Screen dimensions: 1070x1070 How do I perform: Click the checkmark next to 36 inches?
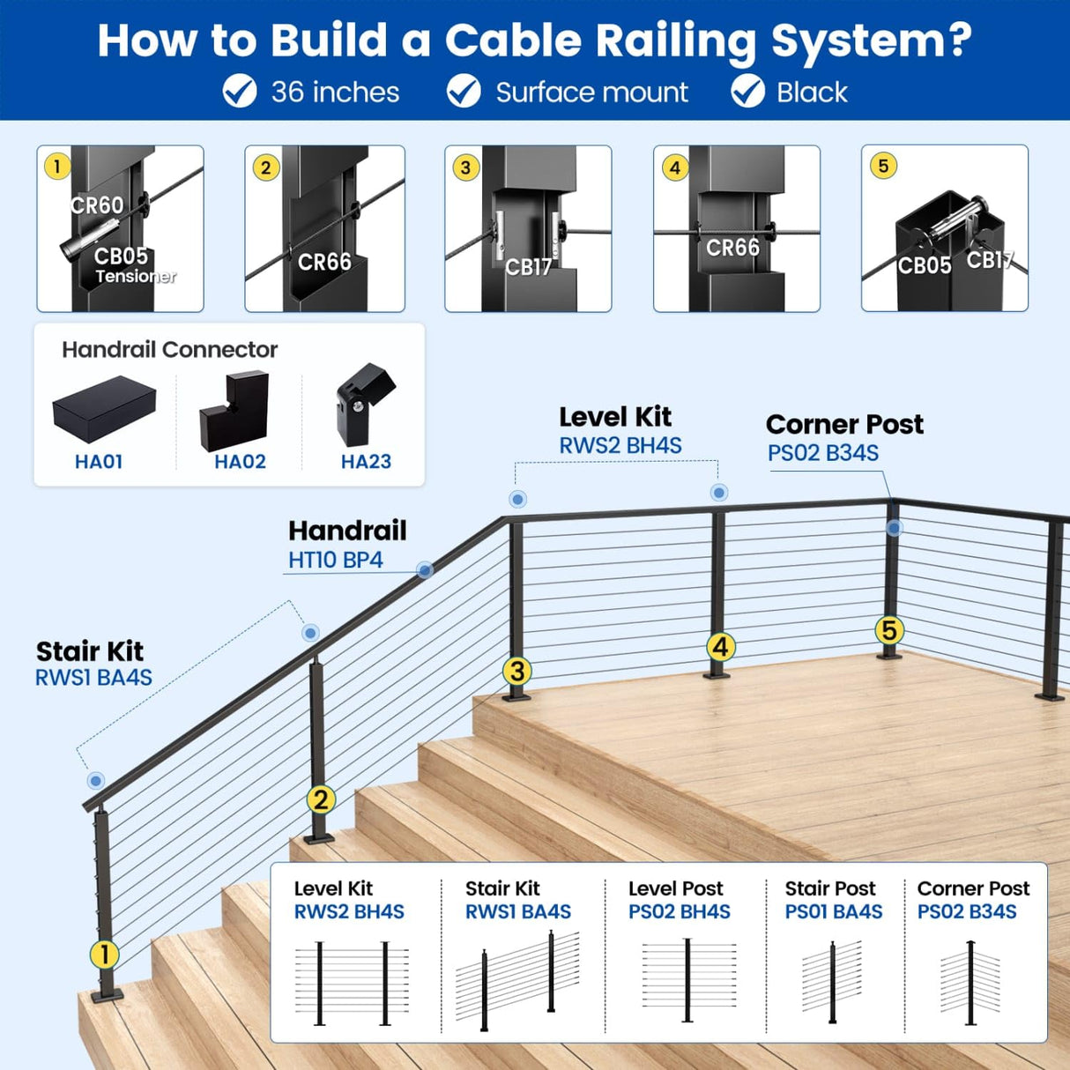pyautogui.click(x=239, y=92)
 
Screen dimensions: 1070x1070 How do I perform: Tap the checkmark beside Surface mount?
pyautogui.click(x=464, y=92)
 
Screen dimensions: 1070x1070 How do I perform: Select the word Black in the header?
pyautogui.click(x=811, y=93)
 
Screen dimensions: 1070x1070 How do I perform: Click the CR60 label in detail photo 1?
pyautogui.click(x=97, y=205)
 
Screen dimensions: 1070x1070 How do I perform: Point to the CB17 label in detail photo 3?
pyautogui.click(x=528, y=267)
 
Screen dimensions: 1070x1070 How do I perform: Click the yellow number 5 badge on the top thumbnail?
pyautogui.click(x=883, y=166)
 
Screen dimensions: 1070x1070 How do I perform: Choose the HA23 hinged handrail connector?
pyautogui.click(x=364, y=404)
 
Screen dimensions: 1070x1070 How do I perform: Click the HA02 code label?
pyautogui.click(x=240, y=462)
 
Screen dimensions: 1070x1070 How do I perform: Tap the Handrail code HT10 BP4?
pyautogui.click(x=335, y=561)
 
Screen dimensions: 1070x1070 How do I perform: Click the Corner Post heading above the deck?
pyautogui.click(x=844, y=425)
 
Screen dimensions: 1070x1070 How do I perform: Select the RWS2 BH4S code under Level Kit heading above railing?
pyautogui.click(x=620, y=446)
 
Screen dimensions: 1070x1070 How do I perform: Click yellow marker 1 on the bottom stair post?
pyautogui.click(x=104, y=954)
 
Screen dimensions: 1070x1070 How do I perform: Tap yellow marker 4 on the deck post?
pyautogui.click(x=720, y=647)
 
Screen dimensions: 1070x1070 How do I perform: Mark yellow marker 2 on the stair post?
pyautogui.click(x=320, y=799)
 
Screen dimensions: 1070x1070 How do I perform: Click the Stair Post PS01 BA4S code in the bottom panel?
pyautogui.click(x=833, y=912)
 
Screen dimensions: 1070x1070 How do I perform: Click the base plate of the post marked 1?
pyautogui.click(x=107, y=994)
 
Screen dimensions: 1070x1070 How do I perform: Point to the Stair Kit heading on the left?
pyautogui.click(x=89, y=651)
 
